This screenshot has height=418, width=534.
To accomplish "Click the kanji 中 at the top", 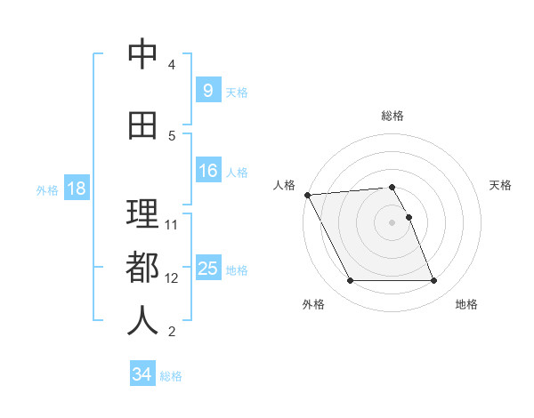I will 142,55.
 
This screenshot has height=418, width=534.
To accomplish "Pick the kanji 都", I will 142,267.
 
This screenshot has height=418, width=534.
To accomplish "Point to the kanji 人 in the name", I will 142,320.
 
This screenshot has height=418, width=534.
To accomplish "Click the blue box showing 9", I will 207,90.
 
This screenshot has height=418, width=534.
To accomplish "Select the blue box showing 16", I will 207,172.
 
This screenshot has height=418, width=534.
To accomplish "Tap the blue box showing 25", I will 207,269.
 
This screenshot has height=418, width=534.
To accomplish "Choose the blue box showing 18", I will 76,189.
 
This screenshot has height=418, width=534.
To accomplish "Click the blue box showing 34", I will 142,374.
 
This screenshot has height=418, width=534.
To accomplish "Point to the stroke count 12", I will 172,278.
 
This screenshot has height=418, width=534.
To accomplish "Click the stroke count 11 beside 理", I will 172,224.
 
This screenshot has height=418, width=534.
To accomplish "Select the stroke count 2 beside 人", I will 172,333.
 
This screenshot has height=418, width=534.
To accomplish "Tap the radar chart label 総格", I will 392,116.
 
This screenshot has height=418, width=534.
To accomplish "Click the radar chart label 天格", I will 501,185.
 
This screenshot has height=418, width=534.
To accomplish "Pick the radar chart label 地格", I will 466,304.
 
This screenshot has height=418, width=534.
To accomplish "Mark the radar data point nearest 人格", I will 307,195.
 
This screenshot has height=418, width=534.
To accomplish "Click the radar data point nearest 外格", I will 350,281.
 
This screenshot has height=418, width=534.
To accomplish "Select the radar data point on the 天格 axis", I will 409,217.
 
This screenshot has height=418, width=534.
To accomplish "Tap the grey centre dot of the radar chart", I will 392,222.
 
